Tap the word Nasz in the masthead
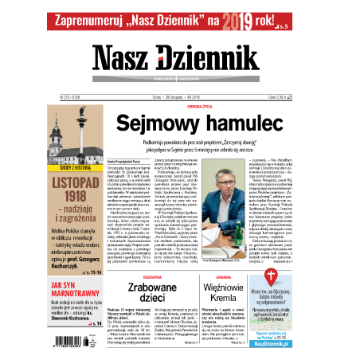coord(131,57)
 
